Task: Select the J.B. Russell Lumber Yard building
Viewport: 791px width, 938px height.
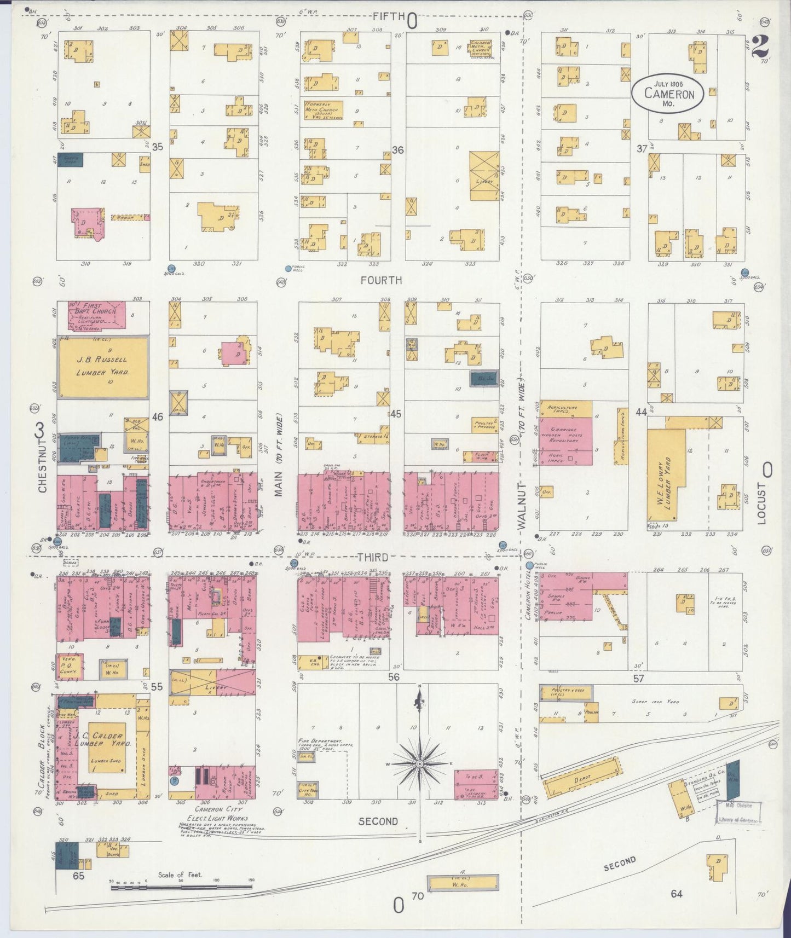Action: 103,367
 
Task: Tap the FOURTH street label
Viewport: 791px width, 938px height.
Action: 381,280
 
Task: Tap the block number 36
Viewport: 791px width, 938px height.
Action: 398,149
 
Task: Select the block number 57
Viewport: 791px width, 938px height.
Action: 638,679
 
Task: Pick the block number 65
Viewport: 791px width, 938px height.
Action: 78,876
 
